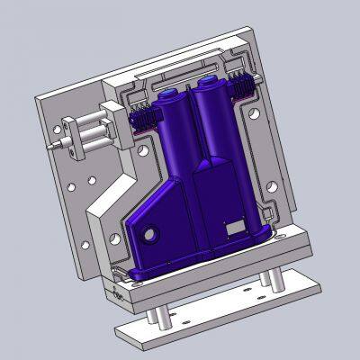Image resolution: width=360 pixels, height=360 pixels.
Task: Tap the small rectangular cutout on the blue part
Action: click(x=237, y=225)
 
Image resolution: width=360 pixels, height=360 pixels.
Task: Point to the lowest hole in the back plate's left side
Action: click(x=85, y=244)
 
